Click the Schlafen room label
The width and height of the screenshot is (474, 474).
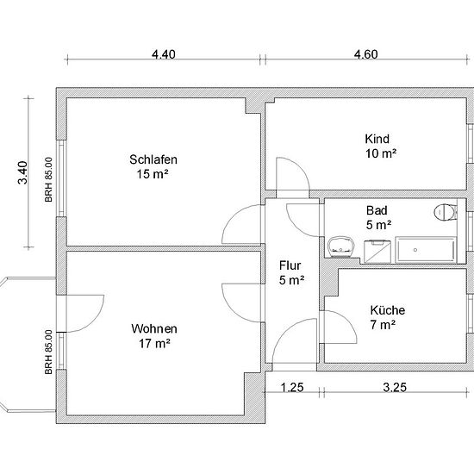coord(153,159)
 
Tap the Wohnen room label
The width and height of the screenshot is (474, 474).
coord(154,328)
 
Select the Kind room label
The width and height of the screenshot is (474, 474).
coord(377,139)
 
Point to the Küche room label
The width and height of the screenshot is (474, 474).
coord(388,310)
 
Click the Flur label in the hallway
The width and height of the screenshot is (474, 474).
coord(290,265)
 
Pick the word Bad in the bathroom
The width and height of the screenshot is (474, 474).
coord(377,210)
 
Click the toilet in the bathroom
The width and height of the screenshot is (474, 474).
coord(446,212)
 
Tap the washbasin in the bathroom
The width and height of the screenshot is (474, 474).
coord(340,247)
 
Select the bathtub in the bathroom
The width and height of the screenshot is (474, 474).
coord(426,250)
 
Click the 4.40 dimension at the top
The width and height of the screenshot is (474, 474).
coord(164,54)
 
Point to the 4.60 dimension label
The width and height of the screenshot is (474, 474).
coord(365,54)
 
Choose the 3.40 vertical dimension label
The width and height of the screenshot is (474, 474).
coord(22,172)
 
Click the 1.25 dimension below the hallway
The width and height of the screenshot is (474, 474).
coord(292,387)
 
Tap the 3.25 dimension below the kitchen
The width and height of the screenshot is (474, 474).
coord(395,387)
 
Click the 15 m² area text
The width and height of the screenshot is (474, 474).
coord(153,174)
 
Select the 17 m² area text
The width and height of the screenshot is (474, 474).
coord(154,343)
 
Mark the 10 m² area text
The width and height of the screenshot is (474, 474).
coord(381,153)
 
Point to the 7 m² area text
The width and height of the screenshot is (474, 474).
coord(383,325)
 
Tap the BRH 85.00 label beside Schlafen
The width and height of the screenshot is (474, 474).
coord(48,179)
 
